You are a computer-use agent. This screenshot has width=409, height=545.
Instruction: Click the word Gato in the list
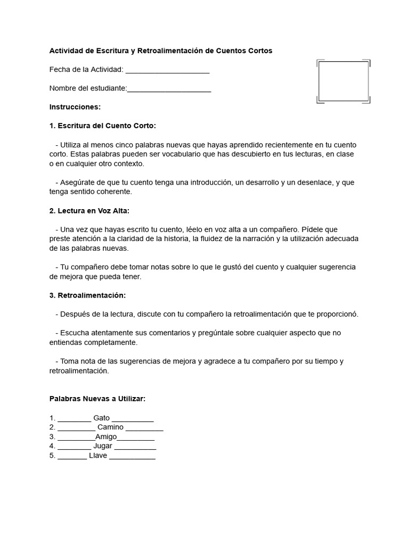[x=101, y=418]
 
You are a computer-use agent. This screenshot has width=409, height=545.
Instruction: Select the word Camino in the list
[x=111, y=427]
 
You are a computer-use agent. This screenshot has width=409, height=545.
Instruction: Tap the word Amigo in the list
[x=106, y=436]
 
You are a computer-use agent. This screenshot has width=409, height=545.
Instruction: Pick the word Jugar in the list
[x=103, y=446]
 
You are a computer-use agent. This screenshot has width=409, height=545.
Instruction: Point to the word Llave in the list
[x=98, y=456]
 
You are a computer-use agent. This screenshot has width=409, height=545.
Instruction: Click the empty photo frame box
[x=343, y=81]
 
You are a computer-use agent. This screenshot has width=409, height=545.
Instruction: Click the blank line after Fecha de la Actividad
[x=167, y=70]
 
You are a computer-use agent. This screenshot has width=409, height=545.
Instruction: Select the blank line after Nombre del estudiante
[x=169, y=89]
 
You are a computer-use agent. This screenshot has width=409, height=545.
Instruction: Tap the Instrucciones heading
[x=75, y=107]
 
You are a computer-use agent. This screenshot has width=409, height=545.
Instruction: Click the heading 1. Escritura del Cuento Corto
[x=102, y=126]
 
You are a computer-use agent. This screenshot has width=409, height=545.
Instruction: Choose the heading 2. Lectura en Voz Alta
[x=89, y=210]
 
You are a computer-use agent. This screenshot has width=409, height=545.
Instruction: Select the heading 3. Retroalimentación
[x=87, y=295]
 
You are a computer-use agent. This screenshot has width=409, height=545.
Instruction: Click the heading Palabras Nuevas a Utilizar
[x=97, y=398]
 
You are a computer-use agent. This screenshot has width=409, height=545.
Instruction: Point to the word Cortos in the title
[x=259, y=51]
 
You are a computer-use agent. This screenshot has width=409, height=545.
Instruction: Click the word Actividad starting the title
[x=67, y=51]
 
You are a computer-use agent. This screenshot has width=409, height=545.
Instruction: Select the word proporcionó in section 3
[x=337, y=313]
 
